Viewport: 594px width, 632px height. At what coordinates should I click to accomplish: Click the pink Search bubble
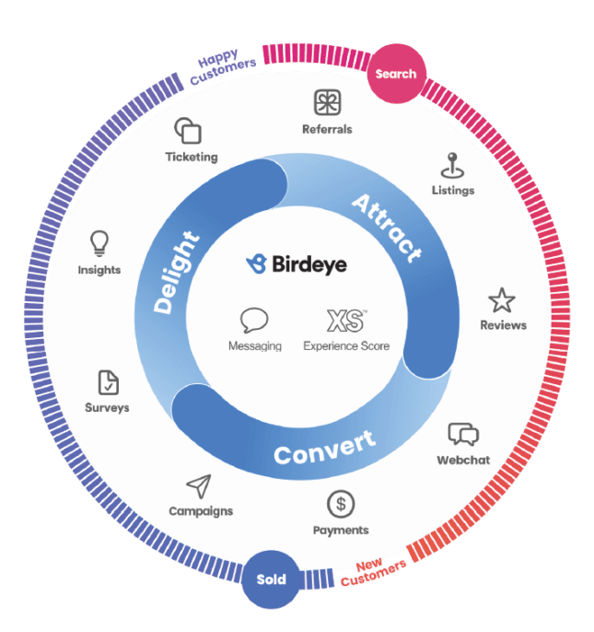pyautogui.click(x=396, y=74)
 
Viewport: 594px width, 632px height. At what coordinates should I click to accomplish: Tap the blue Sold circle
pyautogui.click(x=272, y=579)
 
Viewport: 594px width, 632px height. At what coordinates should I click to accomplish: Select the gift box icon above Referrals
pyautogui.click(x=327, y=101)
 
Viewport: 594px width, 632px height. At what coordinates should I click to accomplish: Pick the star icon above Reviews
pyautogui.click(x=502, y=300)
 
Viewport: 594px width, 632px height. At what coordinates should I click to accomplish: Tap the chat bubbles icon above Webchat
pyautogui.click(x=463, y=435)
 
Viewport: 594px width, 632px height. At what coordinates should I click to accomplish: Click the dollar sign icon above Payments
pyautogui.click(x=341, y=504)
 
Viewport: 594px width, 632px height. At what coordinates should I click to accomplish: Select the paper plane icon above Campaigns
pyautogui.click(x=199, y=486)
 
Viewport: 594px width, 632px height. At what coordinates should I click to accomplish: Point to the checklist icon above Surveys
pyautogui.click(x=108, y=382)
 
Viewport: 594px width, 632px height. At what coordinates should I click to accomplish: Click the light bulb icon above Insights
pyautogui.click(x=99, y=243)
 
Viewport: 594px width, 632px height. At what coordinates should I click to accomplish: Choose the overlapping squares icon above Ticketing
pyautogui.click(x=189, y=129)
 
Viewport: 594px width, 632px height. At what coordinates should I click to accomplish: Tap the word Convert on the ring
pyautogui.click(x=325, y=447)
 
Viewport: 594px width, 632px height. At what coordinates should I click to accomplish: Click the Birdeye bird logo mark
pyautogui.click(x=257, y=264)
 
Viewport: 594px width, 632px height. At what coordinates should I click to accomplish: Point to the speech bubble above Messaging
pyautogui.click(x=254, y=321)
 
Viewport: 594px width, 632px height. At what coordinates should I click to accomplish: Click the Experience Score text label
pyautogui.click(x=346, y=346)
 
